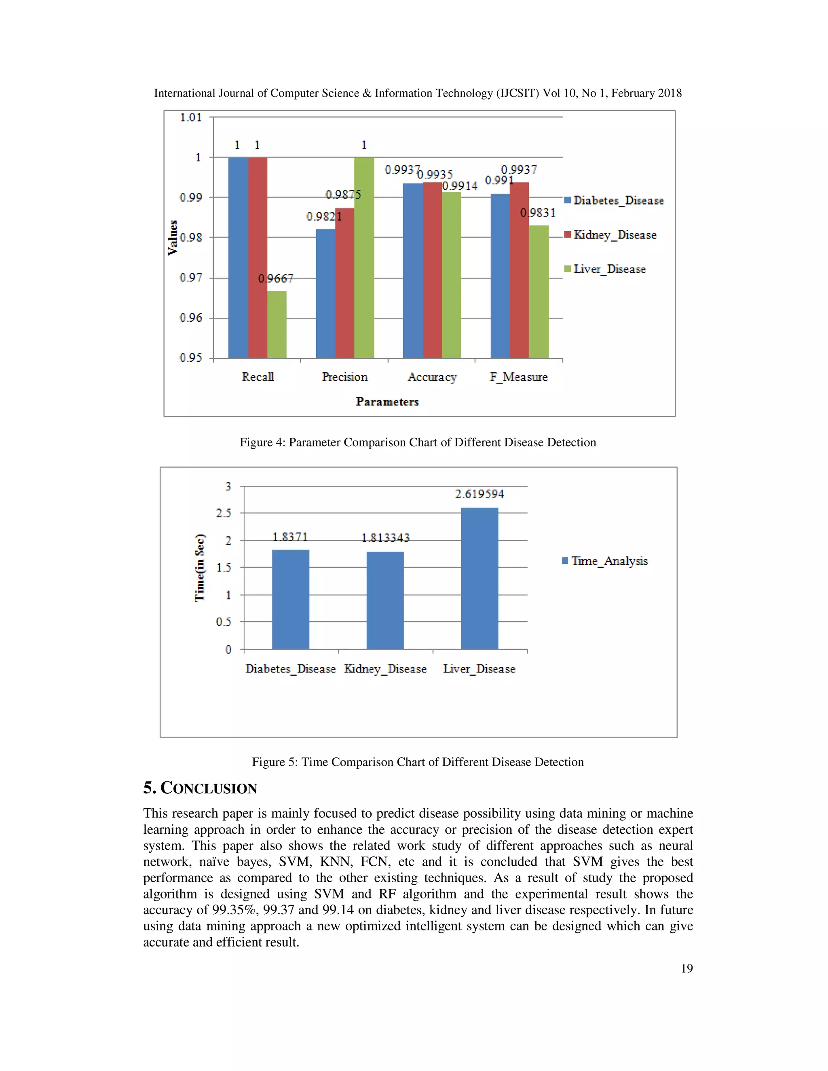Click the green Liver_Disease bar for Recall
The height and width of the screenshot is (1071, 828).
pos(277,325)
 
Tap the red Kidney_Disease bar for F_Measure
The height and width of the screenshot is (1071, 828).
pos(519,270)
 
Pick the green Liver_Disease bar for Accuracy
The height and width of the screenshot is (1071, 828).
pos(451,274)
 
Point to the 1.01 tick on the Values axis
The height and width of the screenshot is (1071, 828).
pos(191,117)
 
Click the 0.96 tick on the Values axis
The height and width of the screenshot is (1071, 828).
pos(191,318)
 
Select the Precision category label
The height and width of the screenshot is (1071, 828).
pos(344,377)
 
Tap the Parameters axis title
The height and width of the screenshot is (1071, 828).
pos(387,402)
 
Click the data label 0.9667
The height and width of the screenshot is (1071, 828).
pos(276,278)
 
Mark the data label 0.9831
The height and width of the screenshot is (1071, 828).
pos(538,213)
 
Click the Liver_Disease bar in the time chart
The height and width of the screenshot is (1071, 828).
pos(479,579)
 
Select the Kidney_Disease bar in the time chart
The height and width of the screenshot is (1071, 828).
pos(385,600)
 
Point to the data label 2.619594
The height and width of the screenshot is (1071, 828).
pos(479,494)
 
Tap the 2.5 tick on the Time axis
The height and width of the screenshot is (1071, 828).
pos(224,513)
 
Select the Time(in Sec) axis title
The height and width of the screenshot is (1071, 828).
pos(200,567)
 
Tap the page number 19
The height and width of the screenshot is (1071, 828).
pos(687,968)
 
